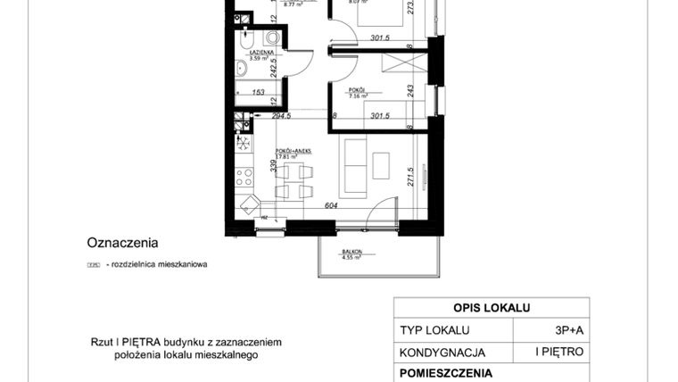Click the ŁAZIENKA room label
click(248, 54)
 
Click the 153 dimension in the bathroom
click(257, 91)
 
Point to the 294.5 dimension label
click(281, 115)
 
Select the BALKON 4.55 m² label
click(351, 255)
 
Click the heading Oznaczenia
click(122, 242)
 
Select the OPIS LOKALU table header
click(492, 308)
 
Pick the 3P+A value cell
click(570, 329)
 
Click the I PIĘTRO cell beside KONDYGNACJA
click(559, 352)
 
